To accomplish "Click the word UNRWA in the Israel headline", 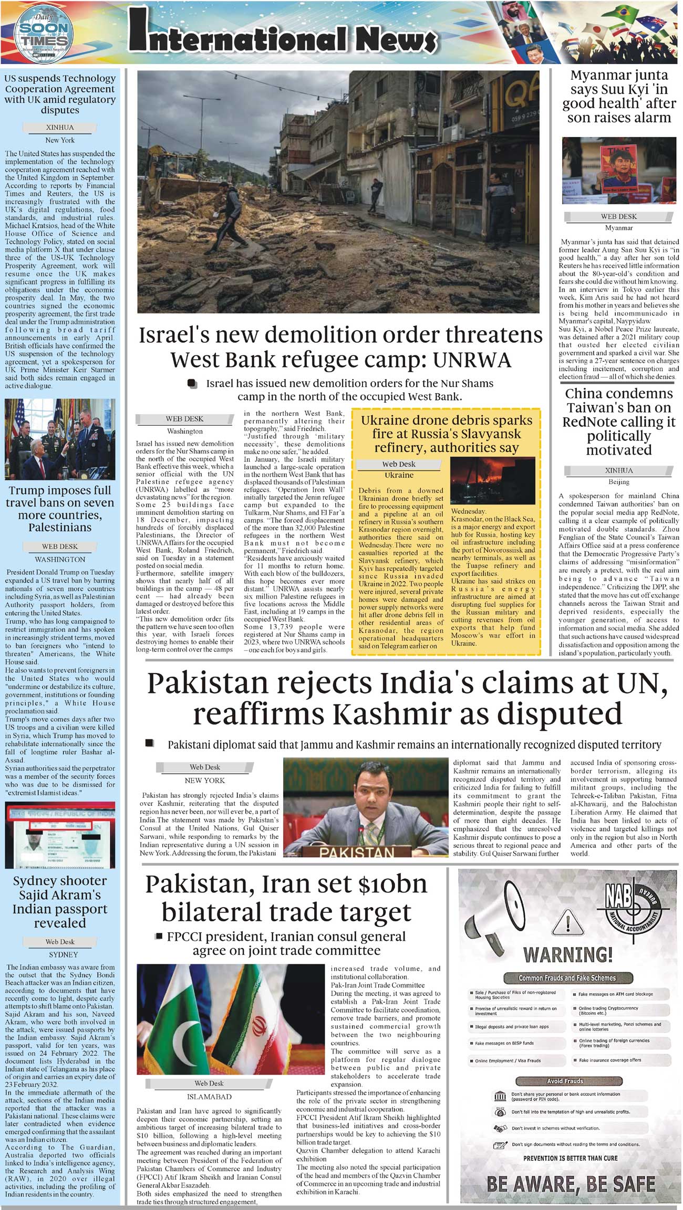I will tap(472, 360).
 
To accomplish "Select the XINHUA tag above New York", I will tap(60, 128).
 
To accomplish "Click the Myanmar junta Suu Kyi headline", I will tap(619, 97).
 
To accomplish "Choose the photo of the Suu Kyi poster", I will tap(618, 171).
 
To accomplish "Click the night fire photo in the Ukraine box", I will tap(492, 480).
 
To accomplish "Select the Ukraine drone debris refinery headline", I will tap(446, 434).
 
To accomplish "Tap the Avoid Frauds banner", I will tap(565, 1081).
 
